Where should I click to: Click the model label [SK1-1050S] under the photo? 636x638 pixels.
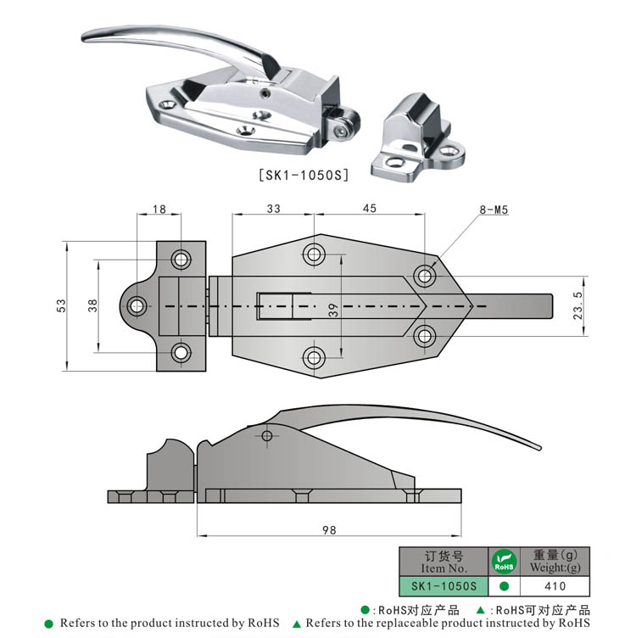click(303, 176)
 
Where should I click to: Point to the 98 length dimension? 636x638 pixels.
click(329, 530)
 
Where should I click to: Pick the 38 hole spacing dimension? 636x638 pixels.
click(92, 306)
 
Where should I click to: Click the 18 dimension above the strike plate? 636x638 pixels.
click(159, 209)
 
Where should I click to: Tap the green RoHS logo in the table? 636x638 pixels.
click(504, 562)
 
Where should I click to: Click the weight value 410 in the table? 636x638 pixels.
click(555, 585)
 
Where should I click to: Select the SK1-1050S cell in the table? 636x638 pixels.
click(444, 585)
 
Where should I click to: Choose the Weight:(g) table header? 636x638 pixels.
click(555, 562)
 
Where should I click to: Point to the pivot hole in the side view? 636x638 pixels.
click(268, 436)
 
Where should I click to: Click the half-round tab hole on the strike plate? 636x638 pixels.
click(136, 306)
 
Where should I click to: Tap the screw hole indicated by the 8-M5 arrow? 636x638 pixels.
click(425, 275)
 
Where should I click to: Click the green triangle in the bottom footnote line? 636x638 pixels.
click(297, 624)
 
